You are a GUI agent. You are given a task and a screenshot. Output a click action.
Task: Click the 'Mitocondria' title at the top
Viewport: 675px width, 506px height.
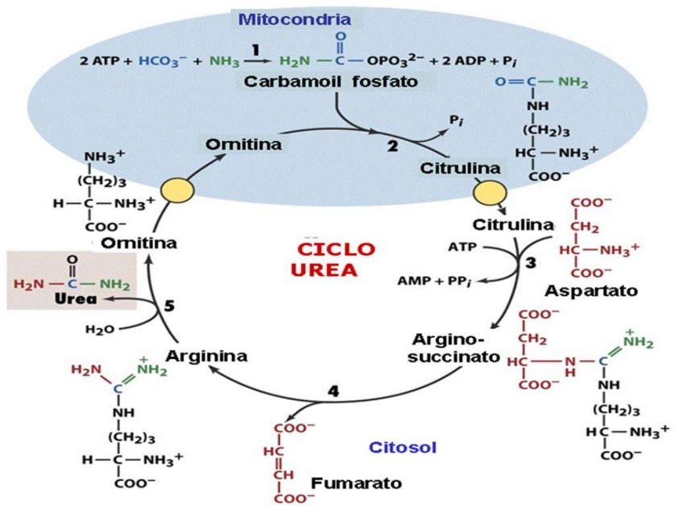click(x=294, y=18)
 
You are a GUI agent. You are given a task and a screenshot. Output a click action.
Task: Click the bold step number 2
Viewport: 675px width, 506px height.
click(x=393, y=147)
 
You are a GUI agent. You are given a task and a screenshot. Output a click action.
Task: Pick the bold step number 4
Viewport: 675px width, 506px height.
click(x=334, y=391)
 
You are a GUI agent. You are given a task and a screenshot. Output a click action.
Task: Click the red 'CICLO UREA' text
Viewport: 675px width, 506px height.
click(x=335, y=260)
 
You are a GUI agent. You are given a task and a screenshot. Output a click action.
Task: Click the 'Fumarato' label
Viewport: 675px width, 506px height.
click(x=356, y=483)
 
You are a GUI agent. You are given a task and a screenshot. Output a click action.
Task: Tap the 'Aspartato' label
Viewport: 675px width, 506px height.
click(x=591, y=290)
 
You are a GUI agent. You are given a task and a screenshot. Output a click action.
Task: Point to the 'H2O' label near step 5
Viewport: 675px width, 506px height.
click(x=100, y=329)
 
